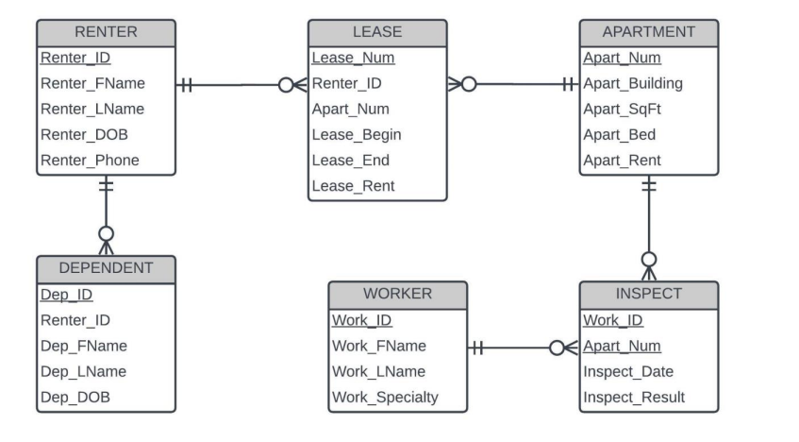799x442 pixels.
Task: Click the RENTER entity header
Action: pyautogui.click(x=106, y=32)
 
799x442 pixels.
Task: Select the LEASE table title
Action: pyautogui.click(x=377, y=32)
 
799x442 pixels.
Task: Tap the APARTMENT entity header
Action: pyautogui.click(x=648, y=32)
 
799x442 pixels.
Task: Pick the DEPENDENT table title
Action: pyautogui.click(x=106, y=267)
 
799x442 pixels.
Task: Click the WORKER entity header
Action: pyautogui.click(x=397, y=294)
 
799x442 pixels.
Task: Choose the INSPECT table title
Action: pyautogui.click(x=648, y=294)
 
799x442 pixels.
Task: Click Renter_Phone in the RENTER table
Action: pyautogui.click(x=90, y=161)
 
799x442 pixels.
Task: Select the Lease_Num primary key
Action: pyautogui.click(x=353, y=58)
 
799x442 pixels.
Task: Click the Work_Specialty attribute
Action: pyautogui.click(x=385, y=398)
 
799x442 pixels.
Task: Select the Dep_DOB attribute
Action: pyautogui.click(x=75, y=398)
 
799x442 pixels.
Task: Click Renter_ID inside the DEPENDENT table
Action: pyautogui.click(x=75, y=320)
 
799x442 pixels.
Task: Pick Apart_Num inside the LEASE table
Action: pyautogui.click(x=350, y=110)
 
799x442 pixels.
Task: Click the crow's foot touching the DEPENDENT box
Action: pyautogui.click(x=106, y=244)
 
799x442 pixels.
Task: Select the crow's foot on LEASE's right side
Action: pyautogui.click(x=456, y=84)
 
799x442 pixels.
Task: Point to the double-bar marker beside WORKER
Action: pyautogui.click(x=477, y=348)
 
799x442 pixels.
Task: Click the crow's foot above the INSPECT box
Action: pyautogui.click(x=648, y=269)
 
